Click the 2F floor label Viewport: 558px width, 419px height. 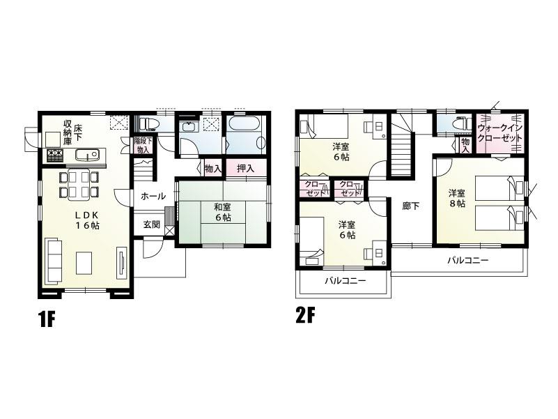[306, 316]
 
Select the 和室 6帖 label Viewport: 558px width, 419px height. [223, 212]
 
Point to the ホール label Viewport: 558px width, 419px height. [153, 197]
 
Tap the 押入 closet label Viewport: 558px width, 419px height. [245, 168]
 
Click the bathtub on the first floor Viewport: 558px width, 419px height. [244, 128]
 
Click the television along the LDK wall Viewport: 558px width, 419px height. [122, 263]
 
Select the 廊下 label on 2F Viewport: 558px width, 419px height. [411, 206]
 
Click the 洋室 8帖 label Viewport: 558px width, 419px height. [456, 197]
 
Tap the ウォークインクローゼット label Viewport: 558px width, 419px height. [500, 133]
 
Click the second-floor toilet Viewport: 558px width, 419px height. [458, 124]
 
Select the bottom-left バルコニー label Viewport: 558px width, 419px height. [342, 282]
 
